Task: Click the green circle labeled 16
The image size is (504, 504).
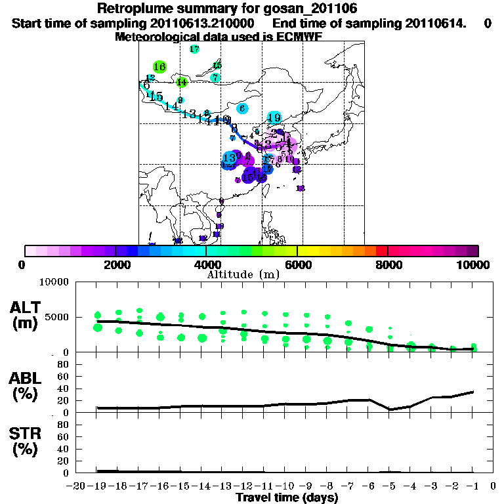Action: [x=159, y=66]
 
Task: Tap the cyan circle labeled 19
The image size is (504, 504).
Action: [x=274, y=118]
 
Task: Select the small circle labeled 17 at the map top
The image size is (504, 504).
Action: [x=194, y=49]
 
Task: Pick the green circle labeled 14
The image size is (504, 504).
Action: [x=182, y=82]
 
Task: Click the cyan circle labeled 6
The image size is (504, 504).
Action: [x=242, y=108]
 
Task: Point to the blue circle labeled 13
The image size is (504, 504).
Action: [x=230, y=158]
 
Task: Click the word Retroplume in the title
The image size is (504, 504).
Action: [x=135, y=9]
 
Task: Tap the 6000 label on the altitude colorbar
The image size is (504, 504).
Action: [x=297, y=264]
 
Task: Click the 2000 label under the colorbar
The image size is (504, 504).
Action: [x=115, y=264]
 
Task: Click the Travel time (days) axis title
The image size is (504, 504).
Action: [x=287, y=497]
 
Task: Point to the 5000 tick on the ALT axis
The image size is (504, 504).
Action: [x=58, y=318]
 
